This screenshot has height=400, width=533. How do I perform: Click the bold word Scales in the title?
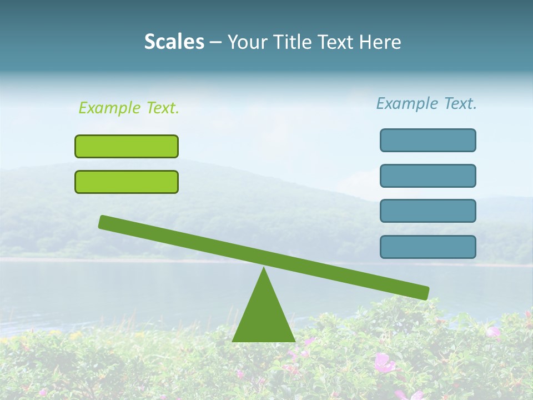coord(174,42)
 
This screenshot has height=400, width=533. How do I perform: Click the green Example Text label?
coord(129,108)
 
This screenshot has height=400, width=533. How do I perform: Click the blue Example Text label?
coord(426,103)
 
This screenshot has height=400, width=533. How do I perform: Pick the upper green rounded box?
coord(127,146)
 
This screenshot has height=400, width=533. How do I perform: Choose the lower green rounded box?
coord(127,182)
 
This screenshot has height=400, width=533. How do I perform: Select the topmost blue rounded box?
coord(428,140)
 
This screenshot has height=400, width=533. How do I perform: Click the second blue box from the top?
coord(428,176)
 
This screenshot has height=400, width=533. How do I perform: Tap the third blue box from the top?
coord(428,211)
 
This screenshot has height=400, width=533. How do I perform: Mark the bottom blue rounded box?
coord(428,247)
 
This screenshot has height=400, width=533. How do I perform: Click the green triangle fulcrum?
coord(264,317)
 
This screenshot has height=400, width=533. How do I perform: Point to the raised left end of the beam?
coord(103,222)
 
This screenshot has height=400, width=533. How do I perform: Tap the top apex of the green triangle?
coord(264,268)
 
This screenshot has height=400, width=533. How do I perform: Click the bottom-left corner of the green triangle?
coord(233,341)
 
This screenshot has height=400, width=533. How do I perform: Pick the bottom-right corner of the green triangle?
coord(294,341)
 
